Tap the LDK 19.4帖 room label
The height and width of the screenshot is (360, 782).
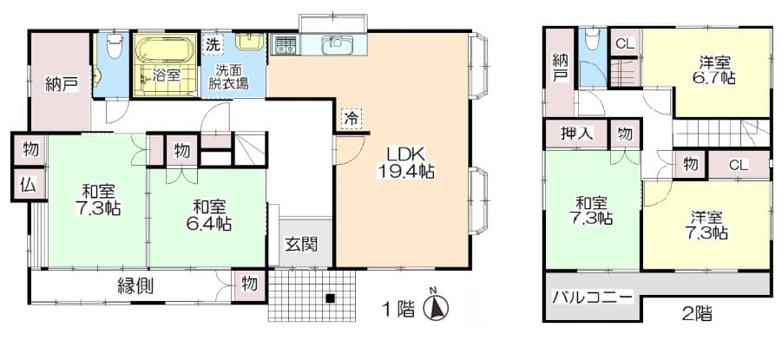(x=405, y=162)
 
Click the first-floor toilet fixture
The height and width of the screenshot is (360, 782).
(x=115, y=46)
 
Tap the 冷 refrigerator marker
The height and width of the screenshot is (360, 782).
(x=352, y=119)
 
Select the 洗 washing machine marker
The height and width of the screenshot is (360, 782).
(x=213, y=44)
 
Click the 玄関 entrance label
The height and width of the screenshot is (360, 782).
(x=301, y=245)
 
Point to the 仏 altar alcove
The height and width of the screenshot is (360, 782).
(x=29, y=185)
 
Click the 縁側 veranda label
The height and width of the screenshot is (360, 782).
(x=135, y=286)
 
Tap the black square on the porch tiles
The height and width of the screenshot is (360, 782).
(x=330, y=298)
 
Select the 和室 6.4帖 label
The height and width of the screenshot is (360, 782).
(x=208, y=215)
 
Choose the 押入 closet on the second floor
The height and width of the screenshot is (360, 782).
(x=577, y=134)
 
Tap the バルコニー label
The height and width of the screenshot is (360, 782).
(x=592, y=298)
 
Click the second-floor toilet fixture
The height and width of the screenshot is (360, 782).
(x=592, y=38)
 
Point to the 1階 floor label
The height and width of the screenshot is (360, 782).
(x=398, y=310)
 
